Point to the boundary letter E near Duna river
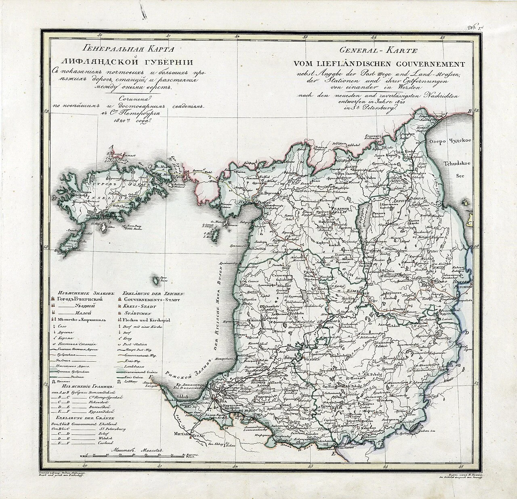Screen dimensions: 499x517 [x=333, y=454]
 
